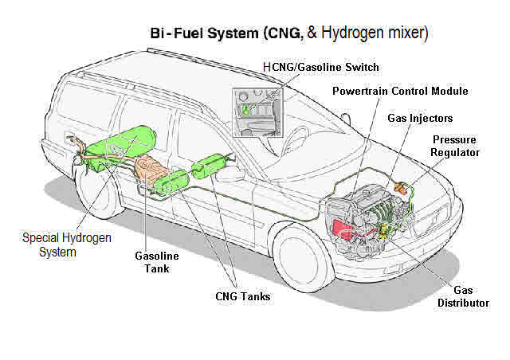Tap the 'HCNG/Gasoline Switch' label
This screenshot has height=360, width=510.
point(320,67)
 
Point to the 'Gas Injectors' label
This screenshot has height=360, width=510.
point(420,119)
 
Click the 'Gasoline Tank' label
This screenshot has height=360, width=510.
point(156,262)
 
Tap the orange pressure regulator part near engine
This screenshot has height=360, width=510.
point(406,189)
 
